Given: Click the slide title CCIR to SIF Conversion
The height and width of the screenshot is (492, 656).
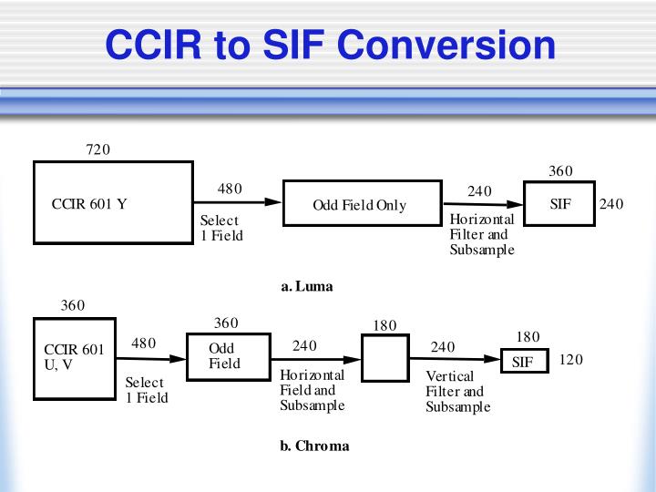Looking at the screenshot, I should pos(329,45).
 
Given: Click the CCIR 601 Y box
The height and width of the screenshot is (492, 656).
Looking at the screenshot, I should pos(113,203).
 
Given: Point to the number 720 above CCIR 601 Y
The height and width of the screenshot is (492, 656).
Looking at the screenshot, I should pos(97,149).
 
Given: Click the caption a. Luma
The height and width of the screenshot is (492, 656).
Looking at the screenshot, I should pos(307,286).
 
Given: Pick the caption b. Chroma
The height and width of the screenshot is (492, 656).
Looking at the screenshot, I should pos(313,446).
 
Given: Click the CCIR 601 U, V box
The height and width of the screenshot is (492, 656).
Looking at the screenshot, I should pos(74,358).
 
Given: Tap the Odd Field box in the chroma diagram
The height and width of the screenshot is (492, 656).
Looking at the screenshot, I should pos(228,356).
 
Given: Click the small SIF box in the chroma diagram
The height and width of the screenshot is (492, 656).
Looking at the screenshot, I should pos(524,362).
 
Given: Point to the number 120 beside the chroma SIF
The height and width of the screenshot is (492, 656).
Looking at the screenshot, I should pos(570,359).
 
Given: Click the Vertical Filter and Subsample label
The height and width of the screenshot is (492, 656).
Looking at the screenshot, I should pos(457,392).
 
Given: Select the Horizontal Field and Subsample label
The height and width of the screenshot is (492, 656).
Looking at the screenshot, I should pos(312,390).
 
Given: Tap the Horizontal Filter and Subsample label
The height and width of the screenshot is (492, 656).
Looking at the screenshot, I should pos(482,235).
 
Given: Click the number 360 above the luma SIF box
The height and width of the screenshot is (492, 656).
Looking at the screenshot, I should pos(560,171).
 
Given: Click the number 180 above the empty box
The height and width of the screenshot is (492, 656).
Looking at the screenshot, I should pos(385,325).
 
